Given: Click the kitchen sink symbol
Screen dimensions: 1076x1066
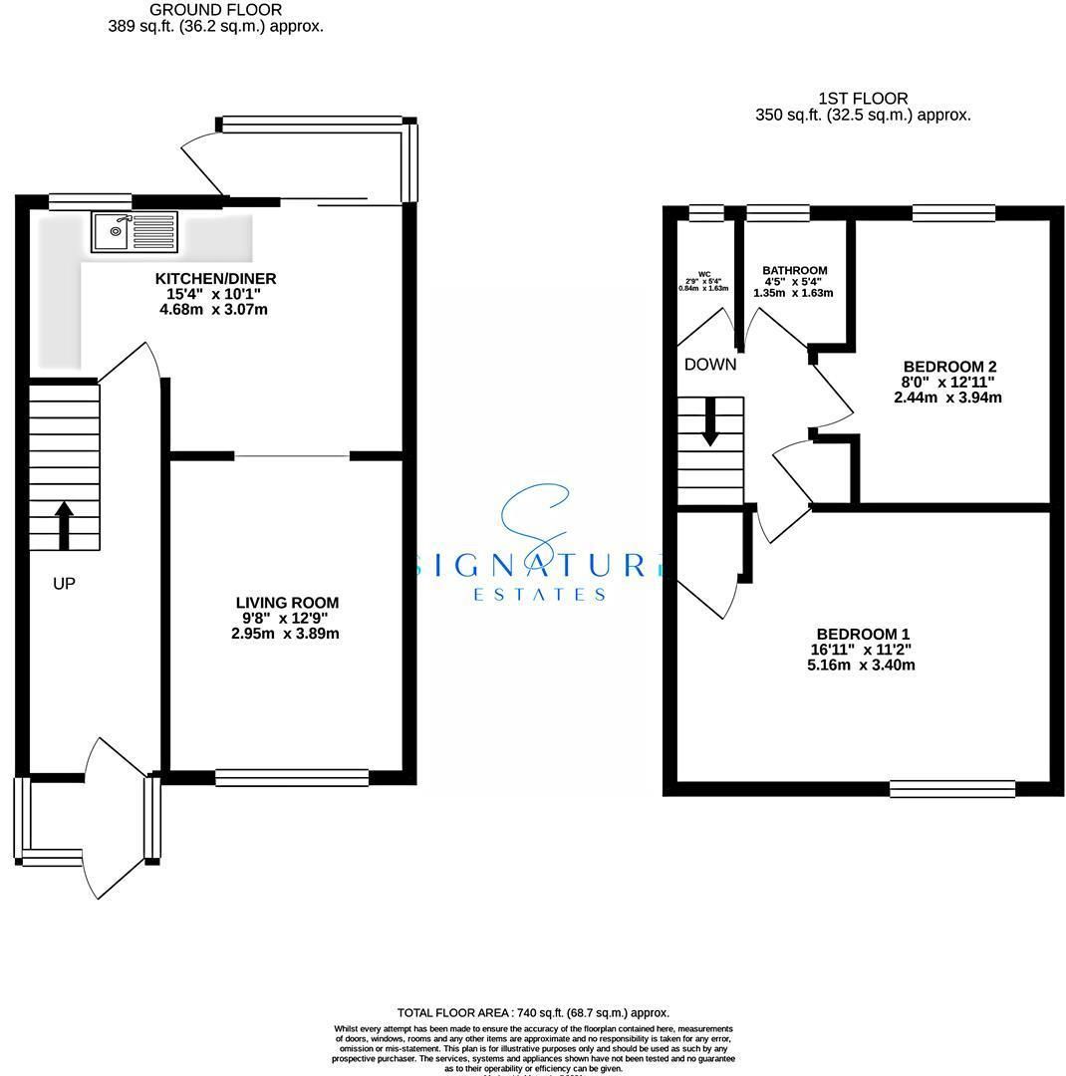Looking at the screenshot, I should tap(134, 232).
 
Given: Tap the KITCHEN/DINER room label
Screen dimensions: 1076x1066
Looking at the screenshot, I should tap(215, 278).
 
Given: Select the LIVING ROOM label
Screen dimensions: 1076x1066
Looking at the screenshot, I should tap(287, 603).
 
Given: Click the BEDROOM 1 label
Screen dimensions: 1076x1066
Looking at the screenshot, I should tap(863, 635).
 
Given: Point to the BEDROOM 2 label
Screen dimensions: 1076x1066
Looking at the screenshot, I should tap(949, 366).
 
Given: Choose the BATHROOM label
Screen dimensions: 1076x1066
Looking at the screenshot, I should tap(794, 271).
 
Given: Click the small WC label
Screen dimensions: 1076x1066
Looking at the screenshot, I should tap(704, 273).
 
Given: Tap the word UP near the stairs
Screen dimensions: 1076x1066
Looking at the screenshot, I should tap(64, 584).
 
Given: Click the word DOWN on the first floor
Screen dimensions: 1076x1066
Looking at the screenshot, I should tap(710, 365).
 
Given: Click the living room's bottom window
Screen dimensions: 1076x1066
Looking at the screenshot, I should tap(292, 778).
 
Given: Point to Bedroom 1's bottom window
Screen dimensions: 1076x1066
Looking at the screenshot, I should tap(951, 789).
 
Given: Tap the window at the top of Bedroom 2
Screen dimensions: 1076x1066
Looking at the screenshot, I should tap(953, 211).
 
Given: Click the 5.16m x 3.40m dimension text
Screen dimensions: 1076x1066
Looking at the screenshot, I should tap(863, 665).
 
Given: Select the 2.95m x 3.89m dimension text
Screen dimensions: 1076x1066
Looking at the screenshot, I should tap(287, 634).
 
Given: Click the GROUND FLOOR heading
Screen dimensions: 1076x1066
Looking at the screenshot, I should tap(215, 10).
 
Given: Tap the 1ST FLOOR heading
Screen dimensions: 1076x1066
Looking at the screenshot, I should tap(863, 99).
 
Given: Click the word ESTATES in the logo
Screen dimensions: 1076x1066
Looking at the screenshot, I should tap(538, 595).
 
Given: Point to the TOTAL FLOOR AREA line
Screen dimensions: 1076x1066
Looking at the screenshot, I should tap(533, 1013).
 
